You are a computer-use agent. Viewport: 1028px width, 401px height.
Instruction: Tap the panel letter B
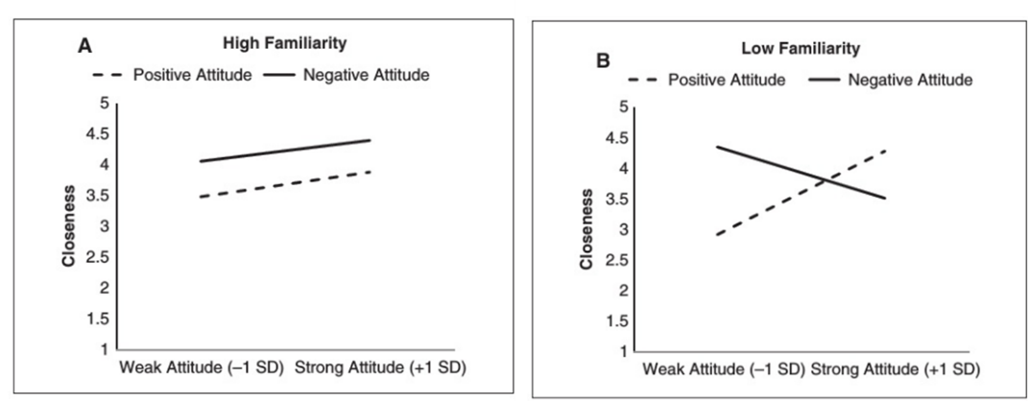point(603,61)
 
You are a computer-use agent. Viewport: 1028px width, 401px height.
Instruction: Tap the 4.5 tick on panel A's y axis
point(98,133)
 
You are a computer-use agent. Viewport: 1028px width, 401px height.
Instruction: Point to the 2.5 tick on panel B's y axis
point(618,260)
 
